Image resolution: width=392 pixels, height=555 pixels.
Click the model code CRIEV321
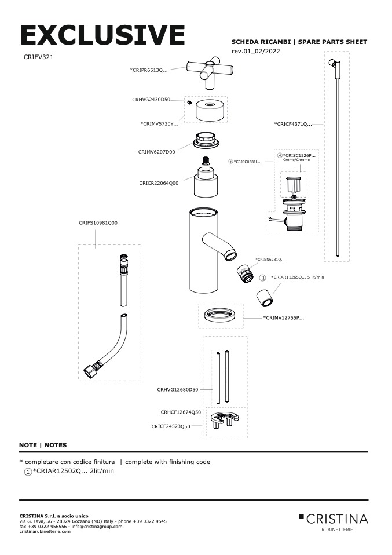click(x=39, y=57)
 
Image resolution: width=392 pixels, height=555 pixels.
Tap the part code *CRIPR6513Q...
click(x=149, y=70)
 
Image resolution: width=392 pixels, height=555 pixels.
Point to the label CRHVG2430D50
click(x=151, y=100)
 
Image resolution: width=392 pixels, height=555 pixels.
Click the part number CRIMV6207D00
click(x=156, y=151)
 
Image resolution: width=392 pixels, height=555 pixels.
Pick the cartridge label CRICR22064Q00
click(x=159, y=182)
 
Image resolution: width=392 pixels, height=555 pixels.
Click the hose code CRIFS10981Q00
click(x=98, y=222)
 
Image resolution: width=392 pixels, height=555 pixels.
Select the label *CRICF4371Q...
click(x=293, y=123)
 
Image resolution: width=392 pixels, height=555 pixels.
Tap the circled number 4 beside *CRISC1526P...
click(x=280, y=156)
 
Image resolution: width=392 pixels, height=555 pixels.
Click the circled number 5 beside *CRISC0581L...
click(x=230, y=162)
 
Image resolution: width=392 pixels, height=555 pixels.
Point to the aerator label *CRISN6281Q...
click(x=270, y=259)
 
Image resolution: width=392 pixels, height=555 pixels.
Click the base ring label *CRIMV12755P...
click(x=284, y=317)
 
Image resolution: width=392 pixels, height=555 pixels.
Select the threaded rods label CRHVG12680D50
click(x=178, y=390)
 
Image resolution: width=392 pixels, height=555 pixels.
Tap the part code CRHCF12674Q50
click(x=181, y=412)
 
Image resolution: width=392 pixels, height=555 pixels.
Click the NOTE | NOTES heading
click(x=43, y=445)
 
